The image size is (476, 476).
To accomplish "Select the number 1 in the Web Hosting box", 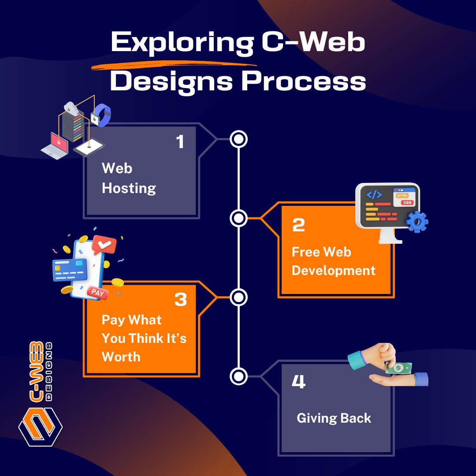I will click(180, 142).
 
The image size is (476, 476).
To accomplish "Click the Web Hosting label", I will click(129, 178).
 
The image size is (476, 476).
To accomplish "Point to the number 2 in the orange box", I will click(298, 225).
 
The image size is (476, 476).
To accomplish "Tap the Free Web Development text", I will click(333, 261).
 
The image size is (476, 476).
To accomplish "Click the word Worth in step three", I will click(121, 357).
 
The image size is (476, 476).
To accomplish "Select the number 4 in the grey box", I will click(298, 382).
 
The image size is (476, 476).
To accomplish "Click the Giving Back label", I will click(334, 418).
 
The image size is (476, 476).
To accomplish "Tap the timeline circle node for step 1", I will click(238, 139).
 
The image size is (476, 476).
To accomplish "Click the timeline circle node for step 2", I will click(238, 218).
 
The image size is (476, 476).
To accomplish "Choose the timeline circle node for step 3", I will click(238, 297).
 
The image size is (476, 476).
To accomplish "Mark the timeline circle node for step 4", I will click(238, 376).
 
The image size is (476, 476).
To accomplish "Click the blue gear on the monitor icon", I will click(416, 222).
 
